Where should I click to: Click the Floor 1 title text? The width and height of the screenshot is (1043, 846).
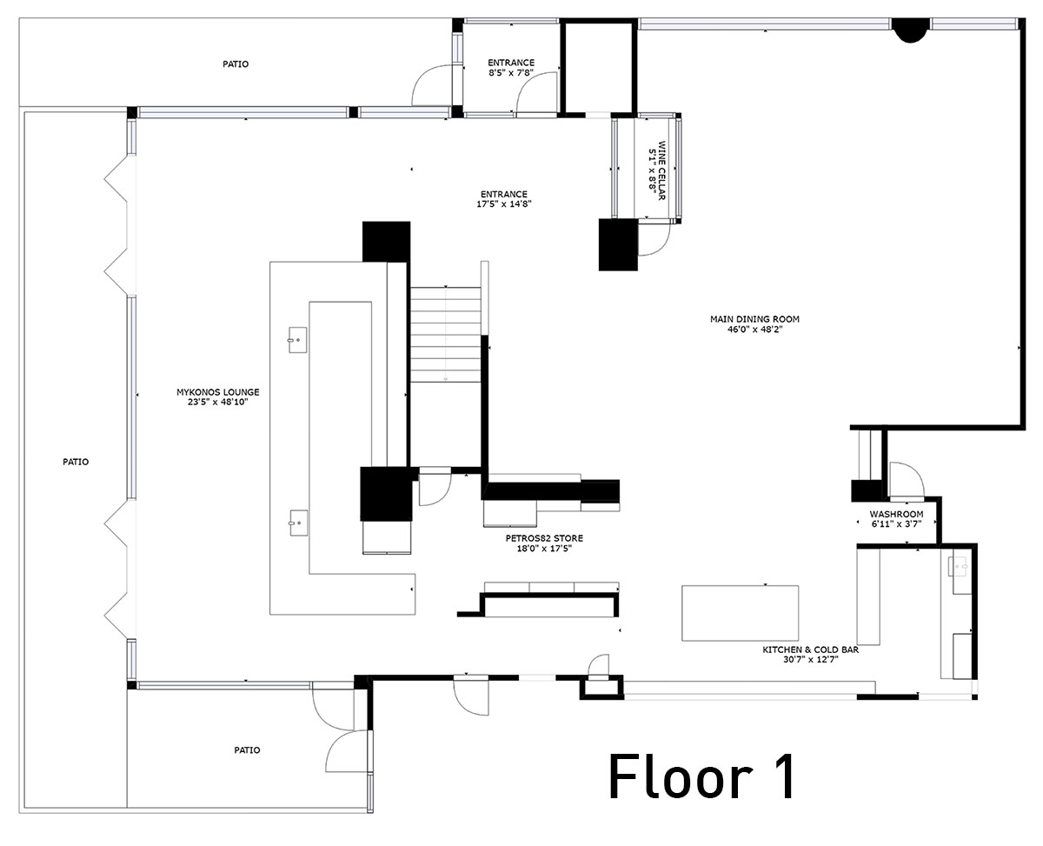[701, 776]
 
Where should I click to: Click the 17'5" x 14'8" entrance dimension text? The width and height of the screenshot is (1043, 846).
[503, 204]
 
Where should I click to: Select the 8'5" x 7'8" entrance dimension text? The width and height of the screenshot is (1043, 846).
[510, 74]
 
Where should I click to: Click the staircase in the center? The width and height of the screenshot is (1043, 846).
[445, 335]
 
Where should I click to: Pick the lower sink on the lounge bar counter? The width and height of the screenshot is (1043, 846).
[297, 522]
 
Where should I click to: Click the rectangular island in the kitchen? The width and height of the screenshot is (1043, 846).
[740, 612]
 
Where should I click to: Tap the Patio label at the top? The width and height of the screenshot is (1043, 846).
[235, 63]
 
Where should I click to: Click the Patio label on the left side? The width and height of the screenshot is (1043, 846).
[75, 462]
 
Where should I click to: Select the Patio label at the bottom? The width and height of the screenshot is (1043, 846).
[246, 749]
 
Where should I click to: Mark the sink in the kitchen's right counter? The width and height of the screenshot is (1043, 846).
[961, 568]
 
